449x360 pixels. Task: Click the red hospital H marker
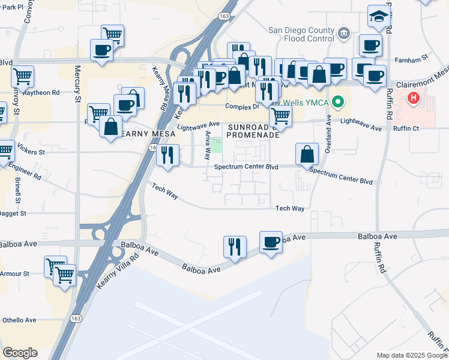click(414, 98)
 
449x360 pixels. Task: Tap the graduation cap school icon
click(379, 16)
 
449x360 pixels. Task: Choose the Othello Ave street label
click(19, 320)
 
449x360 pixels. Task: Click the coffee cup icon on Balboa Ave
click(271, 242)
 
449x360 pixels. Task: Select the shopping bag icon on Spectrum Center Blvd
click(307, 154)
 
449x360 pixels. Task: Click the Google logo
click(20, 353)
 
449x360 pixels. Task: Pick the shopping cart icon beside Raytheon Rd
click(22, 76)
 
